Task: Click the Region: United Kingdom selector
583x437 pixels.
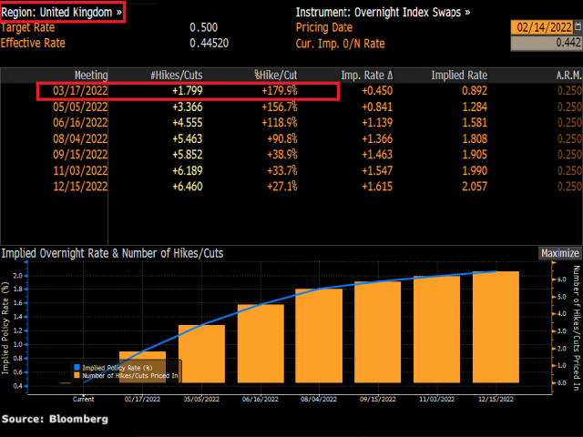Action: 63,13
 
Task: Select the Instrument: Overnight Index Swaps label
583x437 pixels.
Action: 384,13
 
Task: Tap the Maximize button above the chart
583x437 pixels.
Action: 559,228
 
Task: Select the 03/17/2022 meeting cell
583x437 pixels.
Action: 80,91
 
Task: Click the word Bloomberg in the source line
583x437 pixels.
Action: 77,419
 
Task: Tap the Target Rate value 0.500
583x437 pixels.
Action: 202,27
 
